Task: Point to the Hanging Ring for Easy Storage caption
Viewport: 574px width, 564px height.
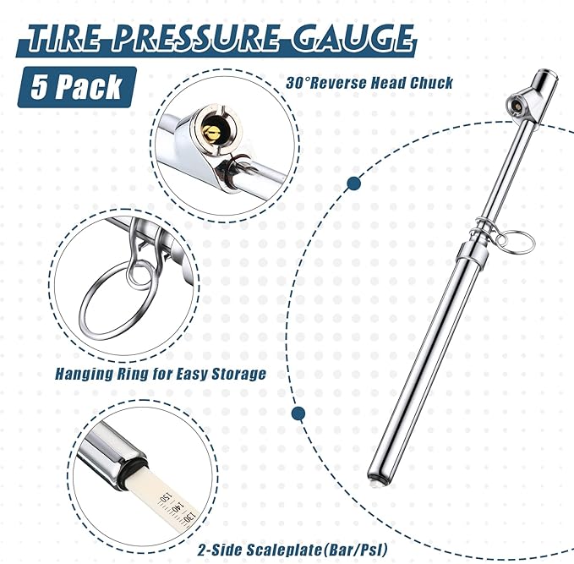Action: [161, 373]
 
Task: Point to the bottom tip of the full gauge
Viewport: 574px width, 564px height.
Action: [375, 482]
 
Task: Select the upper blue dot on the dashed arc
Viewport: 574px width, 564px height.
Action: [354, 183]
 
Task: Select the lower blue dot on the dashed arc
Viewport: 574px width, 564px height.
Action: [298, 413]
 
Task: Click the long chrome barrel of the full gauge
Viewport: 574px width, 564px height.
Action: [423, 364]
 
